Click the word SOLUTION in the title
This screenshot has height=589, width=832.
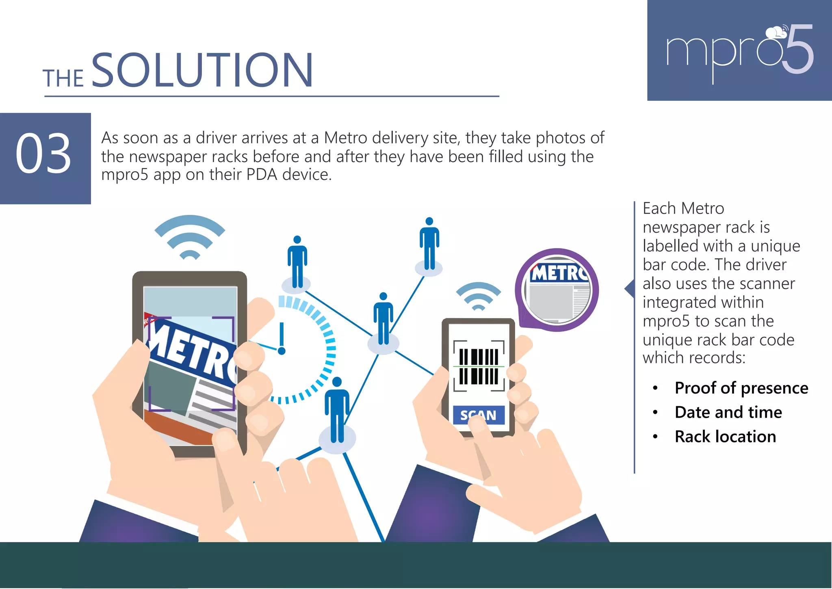202,71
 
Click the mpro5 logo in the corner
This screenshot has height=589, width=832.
740,51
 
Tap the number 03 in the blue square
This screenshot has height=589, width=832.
43,154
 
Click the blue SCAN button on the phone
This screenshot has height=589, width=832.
479,415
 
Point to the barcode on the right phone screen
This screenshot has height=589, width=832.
479,366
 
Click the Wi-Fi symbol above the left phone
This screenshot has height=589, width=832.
190,237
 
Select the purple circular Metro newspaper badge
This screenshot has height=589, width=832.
557,290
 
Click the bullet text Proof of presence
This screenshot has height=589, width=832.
741,388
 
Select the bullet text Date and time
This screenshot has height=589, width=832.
728,412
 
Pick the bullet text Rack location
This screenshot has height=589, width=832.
725,437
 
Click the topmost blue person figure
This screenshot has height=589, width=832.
429,244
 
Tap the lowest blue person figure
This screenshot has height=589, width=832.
337,410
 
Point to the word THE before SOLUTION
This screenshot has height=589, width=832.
63,78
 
